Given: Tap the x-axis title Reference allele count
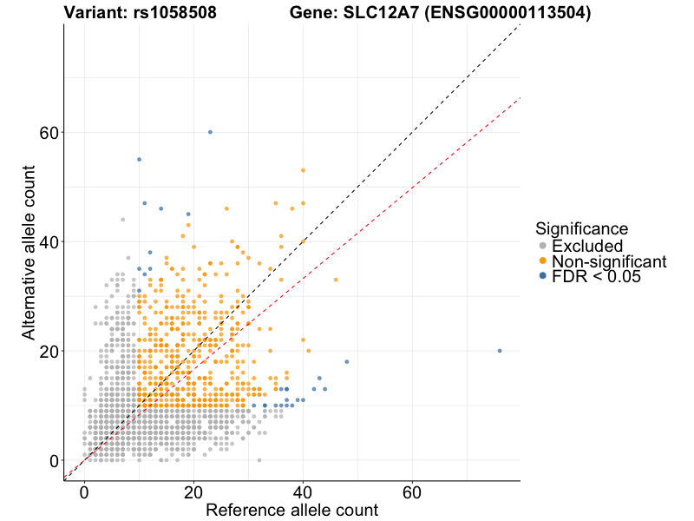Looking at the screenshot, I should (291, 510).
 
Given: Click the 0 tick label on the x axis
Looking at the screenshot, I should (84, 492).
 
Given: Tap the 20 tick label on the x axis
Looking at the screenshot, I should (193, 492).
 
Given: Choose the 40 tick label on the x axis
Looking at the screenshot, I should (303, 492).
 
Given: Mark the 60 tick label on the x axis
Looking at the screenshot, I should (412, 492).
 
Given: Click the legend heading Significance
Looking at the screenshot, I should (581, 228).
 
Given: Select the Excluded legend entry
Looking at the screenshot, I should (586, 246).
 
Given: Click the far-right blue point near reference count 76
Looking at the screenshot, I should (500, 351).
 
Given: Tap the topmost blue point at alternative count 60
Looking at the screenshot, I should (210, 132).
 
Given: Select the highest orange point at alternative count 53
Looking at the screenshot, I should (303, 170).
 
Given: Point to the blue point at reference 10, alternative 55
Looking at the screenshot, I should (139, 160).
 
